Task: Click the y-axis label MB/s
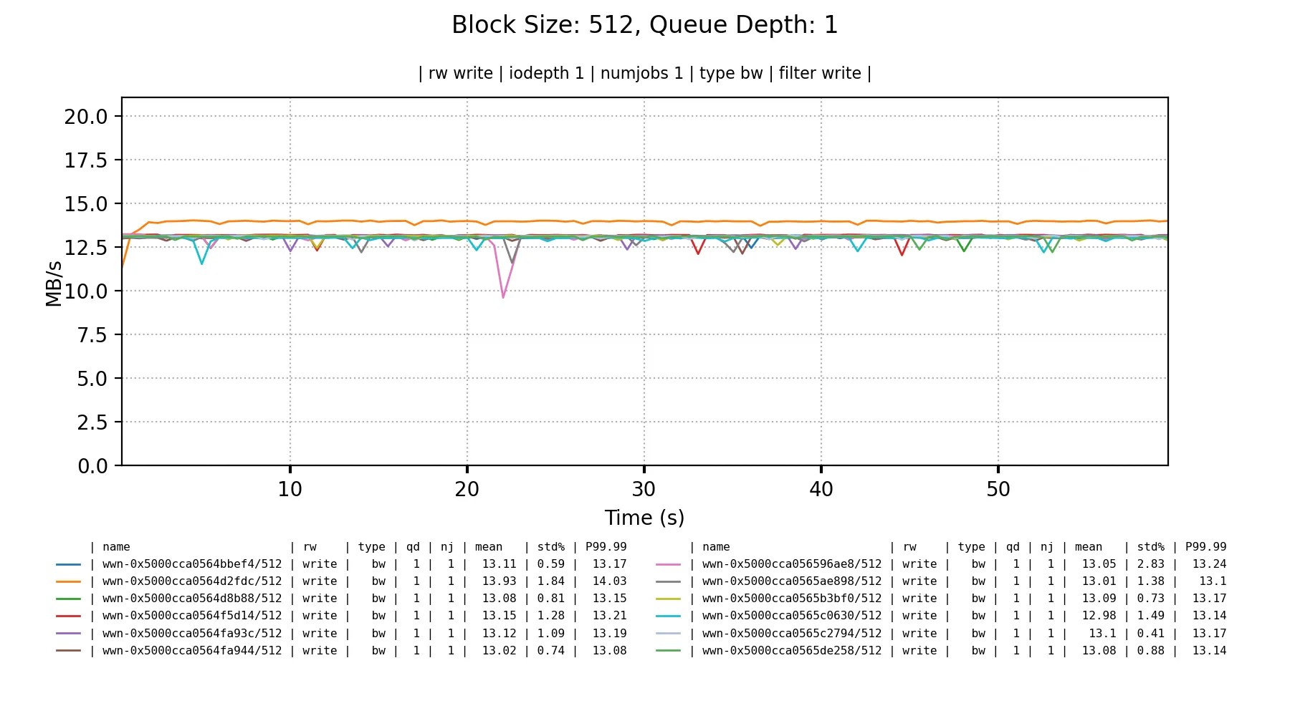(54, 284)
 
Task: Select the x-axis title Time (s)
(644, 518)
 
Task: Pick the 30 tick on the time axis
(644, 490)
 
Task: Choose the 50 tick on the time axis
(998, 490)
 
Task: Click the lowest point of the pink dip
(503, 297)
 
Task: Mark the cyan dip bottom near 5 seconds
(202, 263)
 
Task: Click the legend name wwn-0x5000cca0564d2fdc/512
(192, 581)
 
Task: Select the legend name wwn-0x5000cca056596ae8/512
(792, 564)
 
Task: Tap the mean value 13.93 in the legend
(499, 581)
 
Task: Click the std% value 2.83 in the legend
(1150, 564)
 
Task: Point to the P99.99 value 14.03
(609, 581)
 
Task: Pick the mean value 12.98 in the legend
(1099, 616)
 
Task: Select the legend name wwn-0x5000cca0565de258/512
(792, 651)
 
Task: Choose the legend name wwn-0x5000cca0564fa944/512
(192, 651)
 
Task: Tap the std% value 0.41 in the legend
(1150, 634)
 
